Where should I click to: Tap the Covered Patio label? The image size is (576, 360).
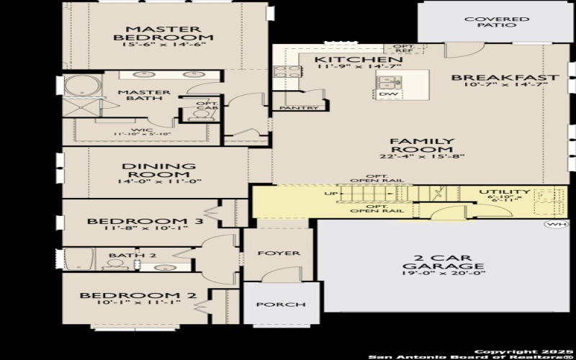click(497, 22)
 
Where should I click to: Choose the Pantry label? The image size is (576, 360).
click(299, 109)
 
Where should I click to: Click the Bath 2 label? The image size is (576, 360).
click(122, 255)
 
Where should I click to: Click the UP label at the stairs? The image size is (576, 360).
click(331, 194)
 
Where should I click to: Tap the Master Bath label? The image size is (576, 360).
click(144, 96)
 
